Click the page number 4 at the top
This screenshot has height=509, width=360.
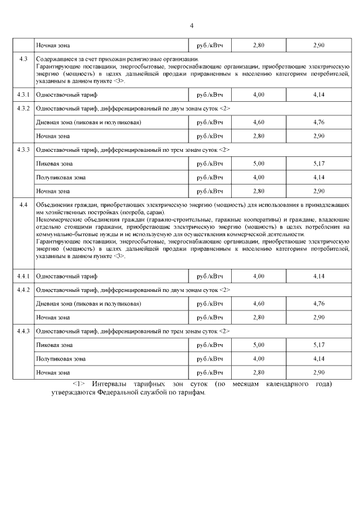coord(191,25)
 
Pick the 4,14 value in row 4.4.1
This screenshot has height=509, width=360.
coord(319,276)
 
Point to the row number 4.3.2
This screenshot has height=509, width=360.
coord(24,108)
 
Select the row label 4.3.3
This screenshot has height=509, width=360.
coord(24,150)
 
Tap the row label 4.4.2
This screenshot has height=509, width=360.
coord(24,290)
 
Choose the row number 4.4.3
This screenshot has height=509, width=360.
coord(24,331)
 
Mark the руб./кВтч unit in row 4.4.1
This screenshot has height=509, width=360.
coord(210,276)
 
